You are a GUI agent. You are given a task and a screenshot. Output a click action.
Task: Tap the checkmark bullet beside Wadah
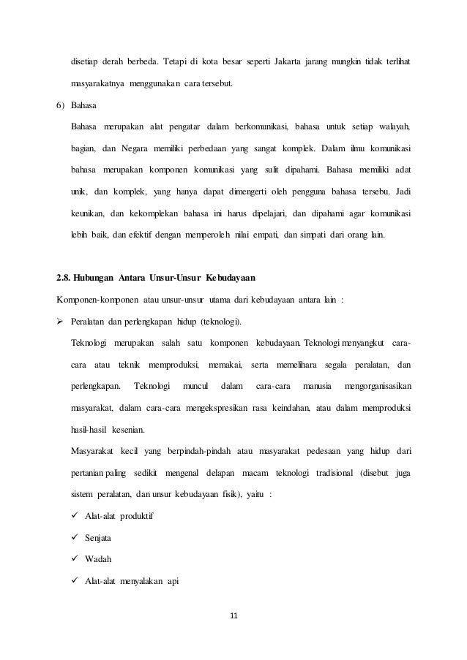(75, 560)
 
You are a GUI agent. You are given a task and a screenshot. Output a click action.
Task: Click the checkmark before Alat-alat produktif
(75, 516)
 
